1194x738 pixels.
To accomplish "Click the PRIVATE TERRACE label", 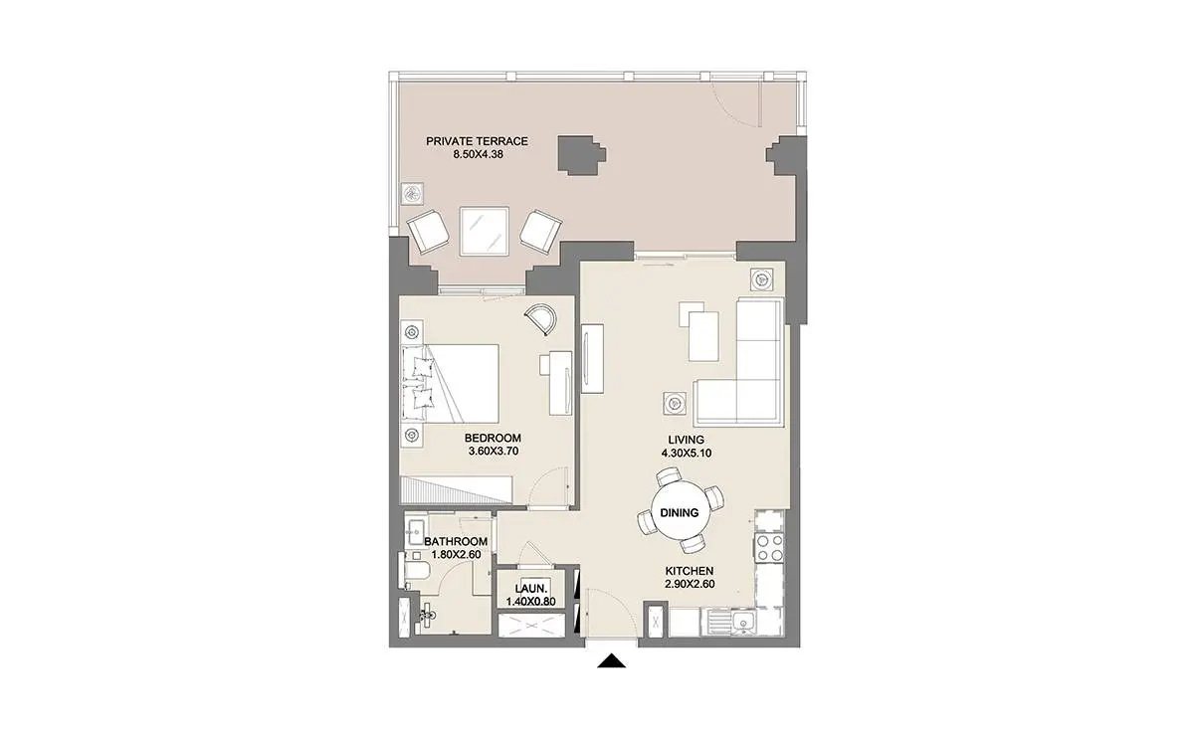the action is point(477,141).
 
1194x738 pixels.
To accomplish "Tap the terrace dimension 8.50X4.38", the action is point(479,154).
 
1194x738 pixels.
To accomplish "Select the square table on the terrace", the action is point(485,232).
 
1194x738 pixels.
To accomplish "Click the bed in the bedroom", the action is point(451,384).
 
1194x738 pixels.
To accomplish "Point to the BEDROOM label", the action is point(494,438).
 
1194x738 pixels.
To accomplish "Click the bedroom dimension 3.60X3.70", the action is point(494,452).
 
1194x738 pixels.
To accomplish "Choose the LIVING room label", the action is point(686,440).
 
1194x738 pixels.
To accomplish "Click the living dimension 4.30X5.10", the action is point(687,453).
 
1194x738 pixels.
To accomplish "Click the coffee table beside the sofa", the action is point(703,336).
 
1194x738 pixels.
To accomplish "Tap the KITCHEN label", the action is point(690,571).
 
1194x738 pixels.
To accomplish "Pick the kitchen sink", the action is point(742,622).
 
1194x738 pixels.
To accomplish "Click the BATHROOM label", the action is point(456,541).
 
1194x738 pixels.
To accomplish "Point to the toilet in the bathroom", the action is point(415,572).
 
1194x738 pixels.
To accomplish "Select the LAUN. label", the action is point(531,589).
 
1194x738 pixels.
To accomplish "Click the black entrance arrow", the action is point(611,660).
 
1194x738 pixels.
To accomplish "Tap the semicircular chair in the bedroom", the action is point(541,319).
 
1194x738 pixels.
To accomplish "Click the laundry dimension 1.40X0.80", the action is point(531,602).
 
